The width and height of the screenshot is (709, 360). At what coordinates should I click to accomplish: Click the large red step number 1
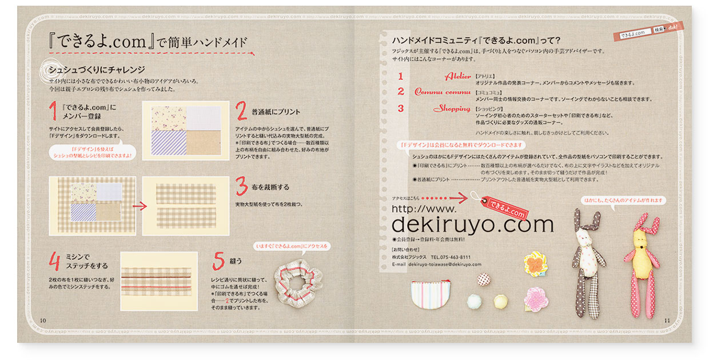coord(53,112)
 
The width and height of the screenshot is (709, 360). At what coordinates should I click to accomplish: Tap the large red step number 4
coord(54,262)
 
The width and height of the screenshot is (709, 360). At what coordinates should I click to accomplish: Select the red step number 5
coord(218,261)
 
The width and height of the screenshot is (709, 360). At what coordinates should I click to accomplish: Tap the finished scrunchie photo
coord(296,285)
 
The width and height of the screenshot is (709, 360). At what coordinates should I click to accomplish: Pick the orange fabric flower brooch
coord(534,263)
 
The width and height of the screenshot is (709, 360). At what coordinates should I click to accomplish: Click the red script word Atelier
coord(457,76)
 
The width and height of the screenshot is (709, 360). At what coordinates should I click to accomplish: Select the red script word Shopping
coord(451,108)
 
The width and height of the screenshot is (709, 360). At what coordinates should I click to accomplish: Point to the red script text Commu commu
coord(442,91)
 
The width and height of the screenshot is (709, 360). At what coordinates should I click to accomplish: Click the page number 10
coord(42,320)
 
